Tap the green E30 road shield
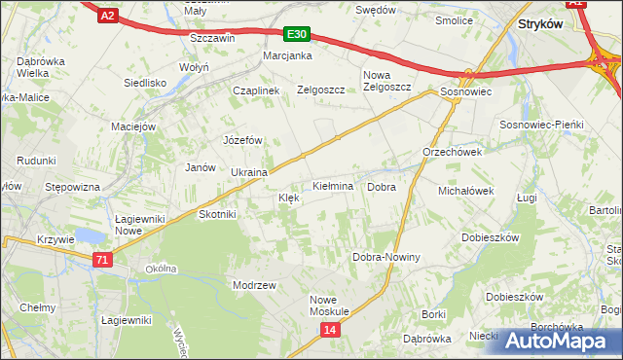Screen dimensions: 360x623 297,35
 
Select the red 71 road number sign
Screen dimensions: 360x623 102,259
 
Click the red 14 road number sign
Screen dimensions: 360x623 331,331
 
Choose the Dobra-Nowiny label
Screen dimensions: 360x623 385,257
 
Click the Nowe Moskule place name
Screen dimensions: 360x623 329,305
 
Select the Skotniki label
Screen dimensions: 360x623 216,214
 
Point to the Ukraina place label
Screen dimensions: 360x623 248,172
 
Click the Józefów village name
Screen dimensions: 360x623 243,140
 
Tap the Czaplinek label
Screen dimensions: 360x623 256,90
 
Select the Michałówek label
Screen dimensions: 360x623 466,191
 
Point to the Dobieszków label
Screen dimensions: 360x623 490,237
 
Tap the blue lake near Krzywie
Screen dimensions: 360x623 88,236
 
